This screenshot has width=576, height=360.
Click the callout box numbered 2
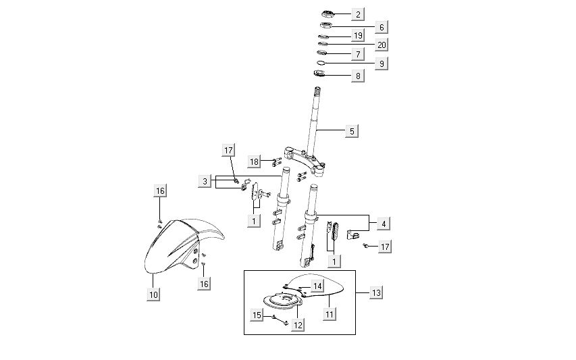click(x=358, y=14)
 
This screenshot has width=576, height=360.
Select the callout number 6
click(x=382, y=28)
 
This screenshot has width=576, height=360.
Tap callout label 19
click(x=358, y=36)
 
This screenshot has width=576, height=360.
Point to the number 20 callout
click(x=382, y=45)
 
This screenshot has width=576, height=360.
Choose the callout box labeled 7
click(x=358, y=53)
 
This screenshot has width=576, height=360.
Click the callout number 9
click(x=382, y=63)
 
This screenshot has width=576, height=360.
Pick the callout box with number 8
click(x=358, y=76)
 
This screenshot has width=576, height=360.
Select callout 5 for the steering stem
click(x=351, y=131)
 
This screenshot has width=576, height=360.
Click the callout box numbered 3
click(x=205, y=181)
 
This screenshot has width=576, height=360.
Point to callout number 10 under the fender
click(x=154, y=294)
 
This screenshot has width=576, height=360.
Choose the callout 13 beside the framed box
click(x=376, y=292)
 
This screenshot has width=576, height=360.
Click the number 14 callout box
click(x=317, y=286)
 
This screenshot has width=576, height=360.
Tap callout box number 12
click(x=298, y=325)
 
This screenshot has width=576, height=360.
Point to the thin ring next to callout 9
click(x=321, y=63)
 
